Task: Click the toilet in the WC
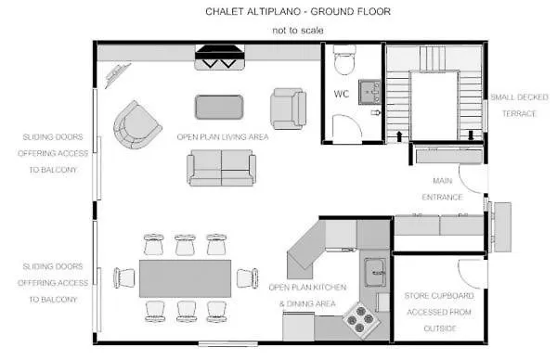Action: coord(344,59)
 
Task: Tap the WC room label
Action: coord(342,94)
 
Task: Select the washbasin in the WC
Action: coord(369,92)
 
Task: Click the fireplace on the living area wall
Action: coord(220,57)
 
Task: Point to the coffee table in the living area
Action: coord(219,107)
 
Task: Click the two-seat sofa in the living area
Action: coord(221,168)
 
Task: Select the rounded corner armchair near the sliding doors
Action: coord(137,125)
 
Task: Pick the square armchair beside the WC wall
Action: coord(288,109)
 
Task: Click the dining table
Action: coord(185,278)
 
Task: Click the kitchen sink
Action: coord(375,272)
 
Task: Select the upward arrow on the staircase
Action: coord(399,136)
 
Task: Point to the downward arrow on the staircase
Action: coord(471,135)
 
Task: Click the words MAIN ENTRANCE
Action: coord(442,189)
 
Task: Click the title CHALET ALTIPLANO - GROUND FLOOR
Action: coord(298,12)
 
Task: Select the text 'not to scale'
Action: coord(298,31)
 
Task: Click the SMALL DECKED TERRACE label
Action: coord(519,106)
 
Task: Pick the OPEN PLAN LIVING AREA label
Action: coord(223,137)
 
